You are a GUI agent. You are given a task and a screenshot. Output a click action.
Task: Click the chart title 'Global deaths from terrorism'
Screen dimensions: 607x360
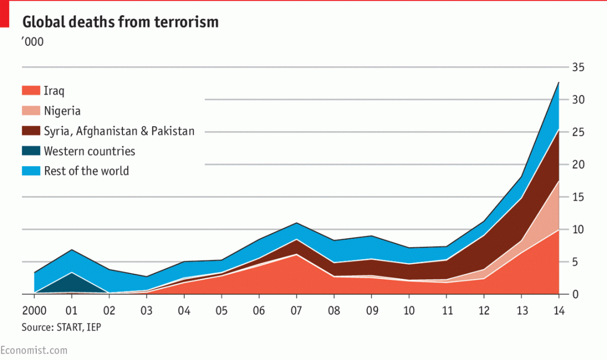[120, 22]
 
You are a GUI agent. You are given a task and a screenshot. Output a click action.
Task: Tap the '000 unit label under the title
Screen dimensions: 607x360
[32, 42]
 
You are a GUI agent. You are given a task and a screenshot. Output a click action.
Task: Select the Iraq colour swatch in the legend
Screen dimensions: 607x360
[31, 91]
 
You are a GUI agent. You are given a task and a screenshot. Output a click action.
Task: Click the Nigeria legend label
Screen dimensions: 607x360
[62, 111]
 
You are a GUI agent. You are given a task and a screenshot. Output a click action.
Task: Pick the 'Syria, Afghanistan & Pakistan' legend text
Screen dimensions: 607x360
[119, 131]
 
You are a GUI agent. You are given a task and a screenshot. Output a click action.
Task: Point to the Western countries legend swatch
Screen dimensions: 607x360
[31, 151]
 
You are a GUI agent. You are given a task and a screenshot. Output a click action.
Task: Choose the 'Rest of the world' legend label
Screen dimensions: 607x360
[86, 171]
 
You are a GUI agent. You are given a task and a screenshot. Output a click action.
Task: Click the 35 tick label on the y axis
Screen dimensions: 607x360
[578, 67]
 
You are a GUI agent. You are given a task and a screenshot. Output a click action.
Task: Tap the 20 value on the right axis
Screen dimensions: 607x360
[578, 164]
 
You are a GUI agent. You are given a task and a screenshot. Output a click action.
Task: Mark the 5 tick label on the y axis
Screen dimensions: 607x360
[575, 262]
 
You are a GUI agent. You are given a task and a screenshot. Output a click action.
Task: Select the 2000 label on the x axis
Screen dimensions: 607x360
[35, 311]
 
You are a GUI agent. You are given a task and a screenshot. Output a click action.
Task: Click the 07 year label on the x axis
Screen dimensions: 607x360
[296, 311]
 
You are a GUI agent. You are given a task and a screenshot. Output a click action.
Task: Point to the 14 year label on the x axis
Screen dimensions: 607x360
[559, 311]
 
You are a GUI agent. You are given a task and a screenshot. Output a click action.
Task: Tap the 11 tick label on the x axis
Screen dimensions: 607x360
[447, 311]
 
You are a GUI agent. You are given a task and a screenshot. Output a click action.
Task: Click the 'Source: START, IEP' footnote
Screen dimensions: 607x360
[61, 328]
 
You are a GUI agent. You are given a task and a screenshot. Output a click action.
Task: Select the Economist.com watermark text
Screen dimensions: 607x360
[33, 350]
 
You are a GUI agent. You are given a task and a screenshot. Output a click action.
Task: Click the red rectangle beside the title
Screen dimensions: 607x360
[5, 14]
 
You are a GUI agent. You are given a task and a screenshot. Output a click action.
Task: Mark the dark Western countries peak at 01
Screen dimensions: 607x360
[72, 273]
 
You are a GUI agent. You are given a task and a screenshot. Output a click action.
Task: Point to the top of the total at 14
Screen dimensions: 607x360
[559, 82]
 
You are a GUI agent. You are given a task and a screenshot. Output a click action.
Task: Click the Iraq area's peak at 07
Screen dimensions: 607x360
[296, 255]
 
